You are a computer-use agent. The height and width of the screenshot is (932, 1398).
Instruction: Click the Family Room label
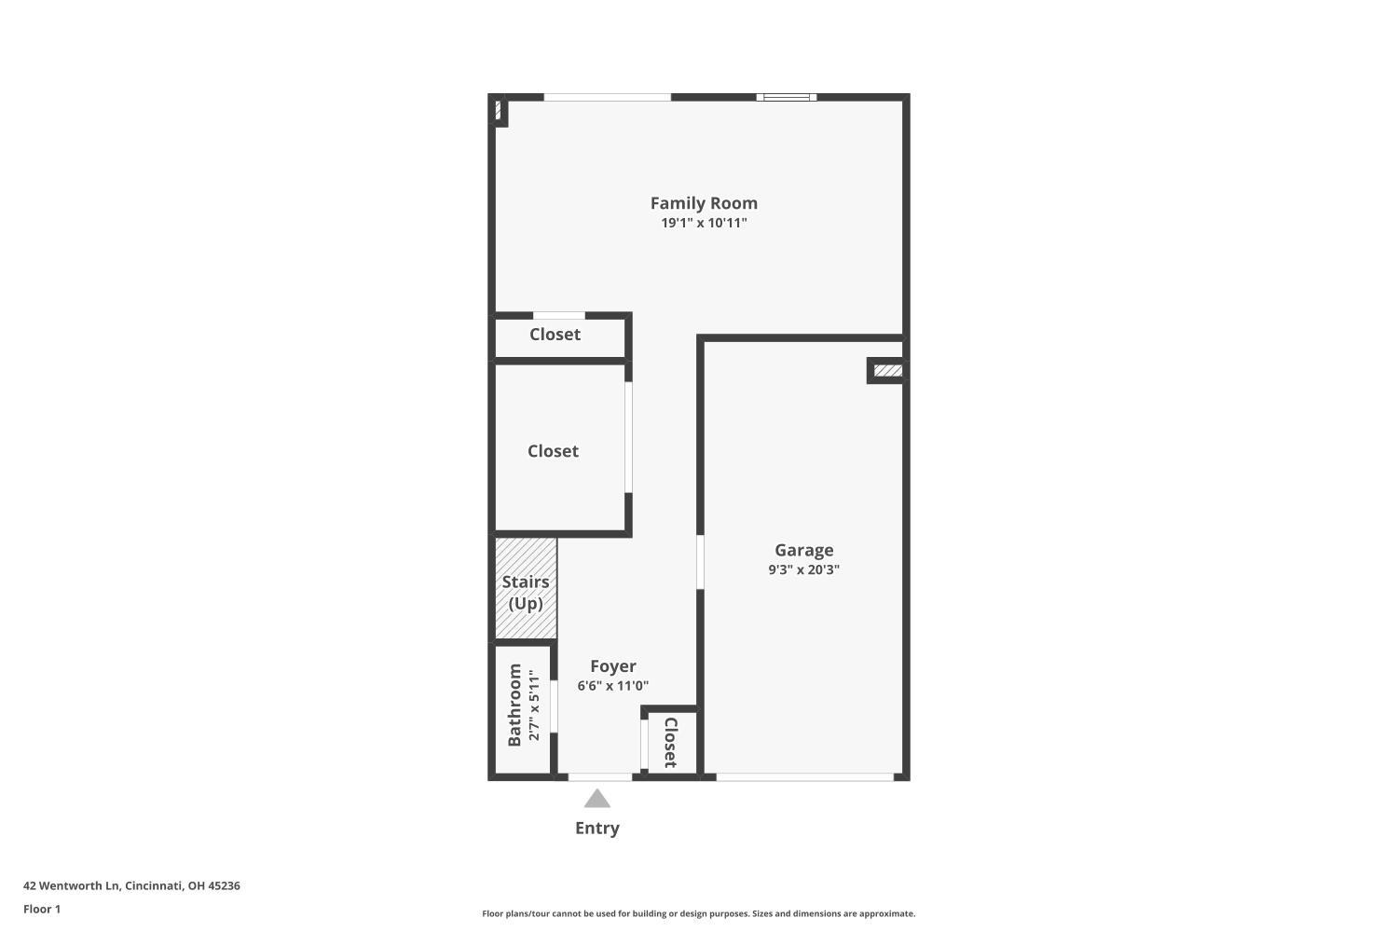pyautogui.click(x=704, y=203)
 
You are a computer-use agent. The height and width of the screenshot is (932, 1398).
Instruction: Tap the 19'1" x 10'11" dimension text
pyautogui.click(x=704, y=224)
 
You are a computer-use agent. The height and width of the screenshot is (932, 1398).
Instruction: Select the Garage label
pyautogui.click(x=803, y=550)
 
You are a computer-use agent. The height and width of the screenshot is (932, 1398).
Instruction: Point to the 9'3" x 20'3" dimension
pyautogui.click(x=803, y=569)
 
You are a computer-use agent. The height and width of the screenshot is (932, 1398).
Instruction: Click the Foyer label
pyautogui.click(x=612, y=666)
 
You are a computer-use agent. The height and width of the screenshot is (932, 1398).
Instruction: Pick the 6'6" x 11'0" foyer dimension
pyautogui.click(x=612, y=686)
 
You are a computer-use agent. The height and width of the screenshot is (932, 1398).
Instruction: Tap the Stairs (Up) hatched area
pyautogui.click(x=526, y=589)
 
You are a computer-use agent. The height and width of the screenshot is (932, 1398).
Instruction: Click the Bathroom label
pyautogui.click(x=514, y=705)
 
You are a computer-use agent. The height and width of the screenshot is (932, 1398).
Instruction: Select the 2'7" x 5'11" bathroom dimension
pyautogui.click(x=534, y=705)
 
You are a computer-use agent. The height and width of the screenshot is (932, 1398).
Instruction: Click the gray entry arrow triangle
pyautogui.click(x=597, y=799)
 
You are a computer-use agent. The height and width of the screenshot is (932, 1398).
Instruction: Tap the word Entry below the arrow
pyautogui.click(x=597, y=828)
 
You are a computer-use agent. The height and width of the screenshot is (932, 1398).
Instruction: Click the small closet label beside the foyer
pyautogui.click(x=669, y=742)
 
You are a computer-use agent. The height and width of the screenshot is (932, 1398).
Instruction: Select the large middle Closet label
pyautogui.click(x=553, y=451)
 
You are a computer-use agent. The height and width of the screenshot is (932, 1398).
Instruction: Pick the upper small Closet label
pyautogui.click(x=555, y=335)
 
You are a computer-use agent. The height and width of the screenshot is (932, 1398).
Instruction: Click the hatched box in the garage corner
pyautogui.click(x=887, y=371)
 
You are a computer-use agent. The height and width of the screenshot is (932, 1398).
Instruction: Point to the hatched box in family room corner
pyautogui.click(x=499, y=111)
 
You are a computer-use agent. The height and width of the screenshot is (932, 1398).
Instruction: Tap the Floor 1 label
pyautogui.click(x=42, y=909)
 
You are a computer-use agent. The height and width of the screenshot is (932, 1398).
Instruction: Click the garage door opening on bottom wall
pyautogui.click(x=804, y=776)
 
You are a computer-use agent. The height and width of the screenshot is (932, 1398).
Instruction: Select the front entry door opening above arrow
pyautogui.click(x=599, y=776)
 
